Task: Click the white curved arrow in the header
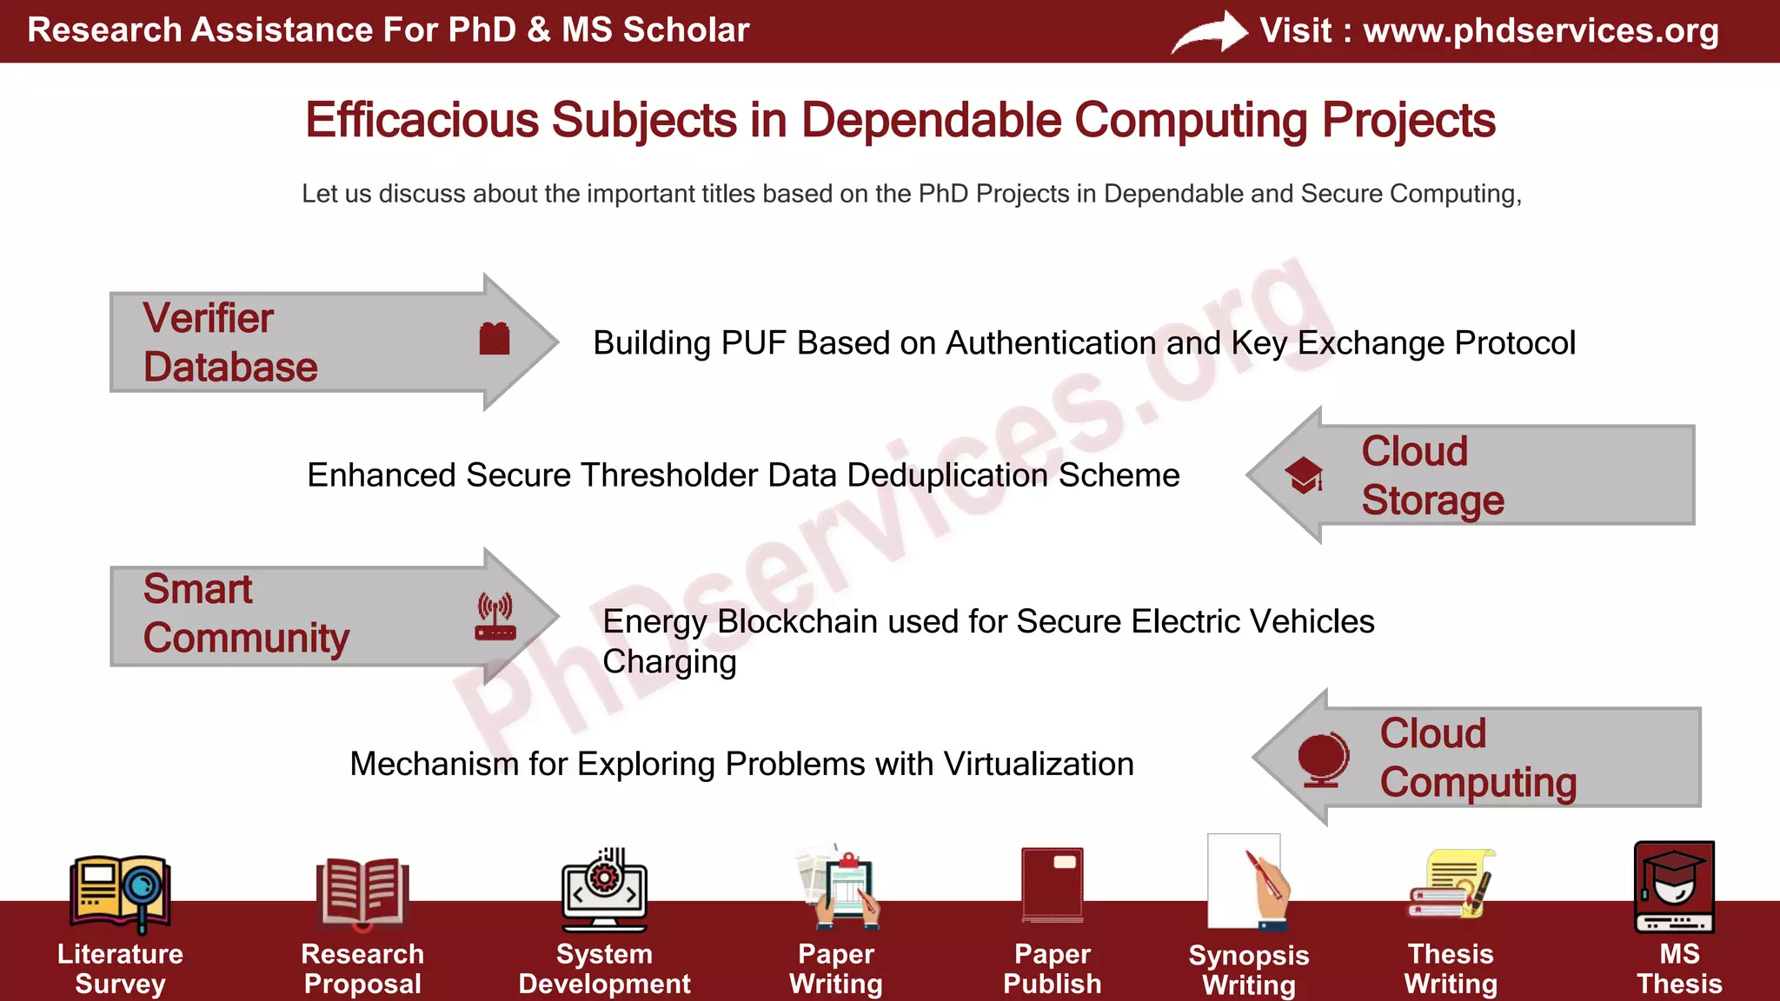(x=1210, y=33)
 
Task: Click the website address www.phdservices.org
(x=1540, y=30)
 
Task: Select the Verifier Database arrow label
(x=229, y=342)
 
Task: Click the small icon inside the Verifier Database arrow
(x=494, y=338)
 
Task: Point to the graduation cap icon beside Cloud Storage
(x=1305, y=475)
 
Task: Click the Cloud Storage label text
(x=1431, y=475)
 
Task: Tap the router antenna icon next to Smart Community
(x=495, y=616)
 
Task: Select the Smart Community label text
(x=245, y=613)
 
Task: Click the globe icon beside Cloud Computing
(x=1322, y=759)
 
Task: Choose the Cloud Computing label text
(x=1478, y=758)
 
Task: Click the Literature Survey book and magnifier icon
(x=120, y=891)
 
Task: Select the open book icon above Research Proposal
(x=362, y=891)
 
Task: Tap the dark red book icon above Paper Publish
(x=1053, y=885)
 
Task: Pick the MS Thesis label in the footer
(x=1678, y=969)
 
